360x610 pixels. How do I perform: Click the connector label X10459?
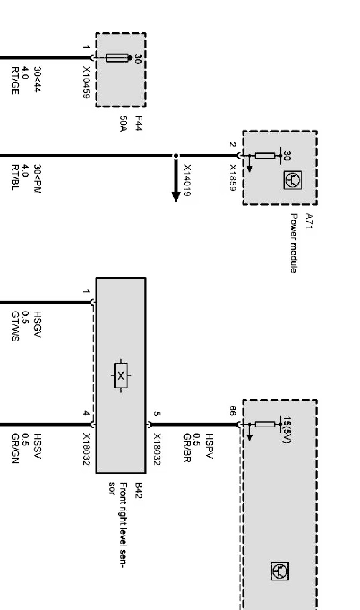click(87, 83)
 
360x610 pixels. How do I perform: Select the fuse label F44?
click(139, 124)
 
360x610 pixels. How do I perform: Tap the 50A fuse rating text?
click(123, 124)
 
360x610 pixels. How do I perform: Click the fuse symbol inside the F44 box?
click(117, 58)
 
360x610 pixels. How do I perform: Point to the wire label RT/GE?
click(15, 81)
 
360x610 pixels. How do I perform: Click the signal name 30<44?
click(37, 80)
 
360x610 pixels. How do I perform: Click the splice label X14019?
click(187, 181)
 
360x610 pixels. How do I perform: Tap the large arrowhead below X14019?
click(176, 196)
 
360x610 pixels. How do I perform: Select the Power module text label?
click(293, 243)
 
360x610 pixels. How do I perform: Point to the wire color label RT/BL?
click(15, 178)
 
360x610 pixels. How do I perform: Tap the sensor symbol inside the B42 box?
click(121, 375)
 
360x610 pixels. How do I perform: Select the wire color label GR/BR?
click(187, 448)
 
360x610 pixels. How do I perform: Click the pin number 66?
click(233, 411)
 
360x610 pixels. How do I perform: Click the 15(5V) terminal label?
click(286, 430)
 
